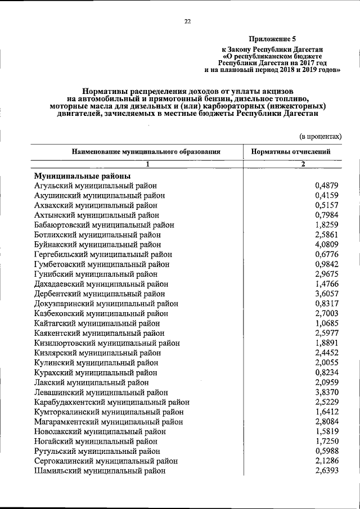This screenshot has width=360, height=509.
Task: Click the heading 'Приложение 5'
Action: coord(272,39)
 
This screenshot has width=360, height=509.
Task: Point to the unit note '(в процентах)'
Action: coord(320,136)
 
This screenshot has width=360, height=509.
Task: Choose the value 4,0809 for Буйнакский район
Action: coord(327,245)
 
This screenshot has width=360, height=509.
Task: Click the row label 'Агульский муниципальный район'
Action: coord(95,185)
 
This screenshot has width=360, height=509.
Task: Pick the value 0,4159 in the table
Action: coord(327,195)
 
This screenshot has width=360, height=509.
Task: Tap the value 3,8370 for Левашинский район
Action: coord(327,392)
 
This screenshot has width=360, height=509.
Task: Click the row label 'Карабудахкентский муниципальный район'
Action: coord(111,402)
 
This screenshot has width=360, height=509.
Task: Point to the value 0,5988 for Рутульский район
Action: coord(327,451)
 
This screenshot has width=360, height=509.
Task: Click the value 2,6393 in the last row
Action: coord(327,471)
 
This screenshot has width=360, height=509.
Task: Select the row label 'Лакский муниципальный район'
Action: coord(91,382)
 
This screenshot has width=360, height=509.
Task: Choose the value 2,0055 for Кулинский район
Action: coord(327,363)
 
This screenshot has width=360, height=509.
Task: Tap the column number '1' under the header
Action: coord(148,164)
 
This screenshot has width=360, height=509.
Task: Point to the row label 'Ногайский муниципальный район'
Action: coord(96,441)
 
